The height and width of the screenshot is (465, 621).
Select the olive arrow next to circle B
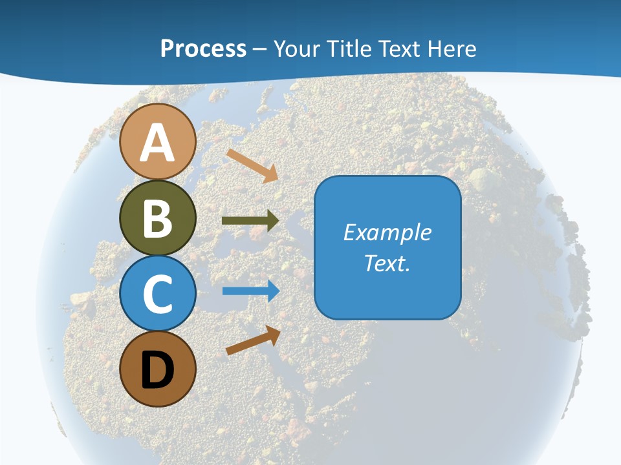(x=250, y=221)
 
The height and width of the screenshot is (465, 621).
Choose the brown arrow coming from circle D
(x=253, y=340)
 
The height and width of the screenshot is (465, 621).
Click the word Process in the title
(x=203, y=48)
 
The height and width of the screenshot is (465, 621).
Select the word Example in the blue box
(x=387, y=232)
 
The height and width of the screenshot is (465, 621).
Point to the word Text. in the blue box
(x=387, y=263)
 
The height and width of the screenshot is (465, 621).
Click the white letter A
(x=157, y=143)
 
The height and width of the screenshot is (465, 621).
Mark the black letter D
(x=157, y=370)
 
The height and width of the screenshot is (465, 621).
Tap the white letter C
(x=157, y=294)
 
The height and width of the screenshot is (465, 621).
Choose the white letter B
(x=157, y=218)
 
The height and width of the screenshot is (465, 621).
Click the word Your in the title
(x=296, y=48)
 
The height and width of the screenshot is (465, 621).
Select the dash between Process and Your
(x=260, y=49)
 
